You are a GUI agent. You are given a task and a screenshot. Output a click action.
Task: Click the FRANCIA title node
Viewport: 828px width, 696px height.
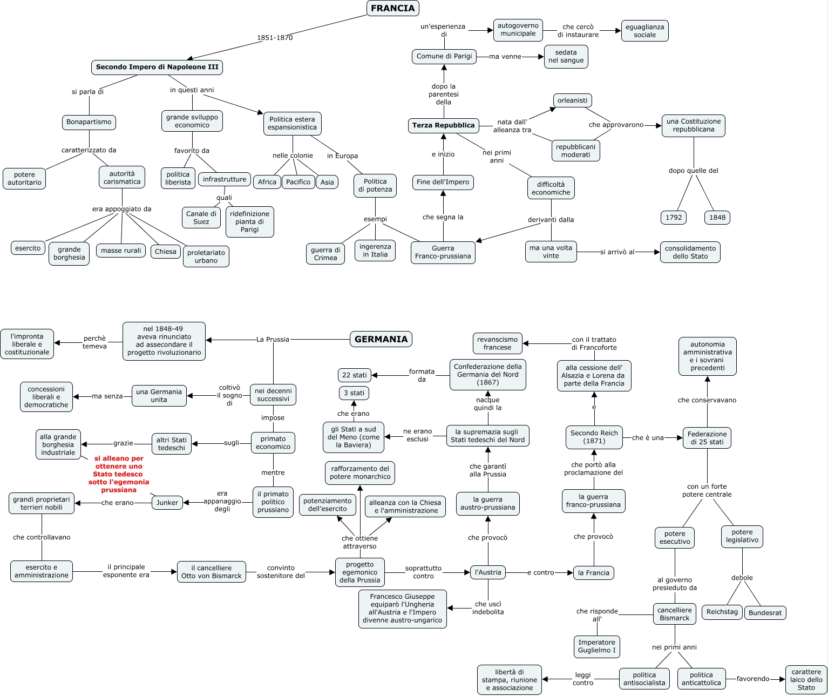[x=392, y=8]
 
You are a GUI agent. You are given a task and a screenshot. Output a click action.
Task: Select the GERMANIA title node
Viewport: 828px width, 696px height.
[x=381, y=339]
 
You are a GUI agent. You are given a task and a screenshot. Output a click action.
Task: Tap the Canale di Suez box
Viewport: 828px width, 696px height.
[x=201, y=218]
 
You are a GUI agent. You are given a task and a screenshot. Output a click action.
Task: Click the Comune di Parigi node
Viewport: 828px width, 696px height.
[x=444, y=56]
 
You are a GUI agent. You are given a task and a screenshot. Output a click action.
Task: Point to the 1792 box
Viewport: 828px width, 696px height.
[x=674, y=218]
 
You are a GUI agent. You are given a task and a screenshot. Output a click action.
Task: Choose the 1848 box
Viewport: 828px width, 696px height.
[x=717, y=218]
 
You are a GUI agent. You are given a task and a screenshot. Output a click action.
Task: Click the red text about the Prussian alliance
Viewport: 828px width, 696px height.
[x=119, y=474]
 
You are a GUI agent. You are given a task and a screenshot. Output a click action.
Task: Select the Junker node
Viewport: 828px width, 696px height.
[x=167, y=503]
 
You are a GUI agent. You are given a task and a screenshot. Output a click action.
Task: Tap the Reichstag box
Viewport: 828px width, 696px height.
[x=722, y=612]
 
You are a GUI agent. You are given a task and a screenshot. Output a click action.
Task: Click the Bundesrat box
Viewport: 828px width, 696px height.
[x=765, y=613]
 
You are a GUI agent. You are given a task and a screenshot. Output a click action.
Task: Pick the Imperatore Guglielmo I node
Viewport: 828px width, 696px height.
[x=596, y=646]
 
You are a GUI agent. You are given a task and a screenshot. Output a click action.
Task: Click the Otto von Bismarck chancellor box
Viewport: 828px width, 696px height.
[x=212, y=572]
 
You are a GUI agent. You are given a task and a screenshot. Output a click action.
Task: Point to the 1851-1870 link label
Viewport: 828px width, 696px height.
[x=275, y=38]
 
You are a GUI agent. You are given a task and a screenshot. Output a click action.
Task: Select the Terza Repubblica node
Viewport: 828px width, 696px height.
[x=443, y=125]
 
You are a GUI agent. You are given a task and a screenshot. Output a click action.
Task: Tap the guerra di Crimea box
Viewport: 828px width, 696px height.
[x=325, y=254]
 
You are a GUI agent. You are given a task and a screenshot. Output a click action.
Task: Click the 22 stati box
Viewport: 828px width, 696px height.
[x=354, y=375]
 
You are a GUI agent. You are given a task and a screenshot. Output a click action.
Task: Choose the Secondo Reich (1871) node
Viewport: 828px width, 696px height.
[x=594, y=437]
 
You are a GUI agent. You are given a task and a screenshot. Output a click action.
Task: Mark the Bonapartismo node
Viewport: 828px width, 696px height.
[x=89, y=122]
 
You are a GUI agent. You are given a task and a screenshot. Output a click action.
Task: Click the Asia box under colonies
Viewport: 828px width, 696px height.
[x=327, y=182]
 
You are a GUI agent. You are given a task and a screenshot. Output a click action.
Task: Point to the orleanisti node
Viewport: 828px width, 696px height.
[x=572, y=100]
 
